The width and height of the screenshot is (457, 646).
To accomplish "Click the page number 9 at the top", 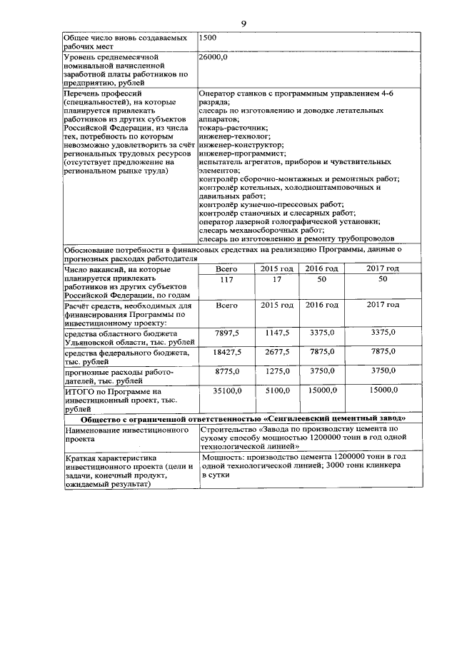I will click(x=243, y=24).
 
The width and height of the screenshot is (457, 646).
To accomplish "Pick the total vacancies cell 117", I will click(x=226, y=279).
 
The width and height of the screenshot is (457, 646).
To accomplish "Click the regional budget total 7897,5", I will click(x=226, y=333).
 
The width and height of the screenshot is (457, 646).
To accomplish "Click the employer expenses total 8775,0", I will click(x=226, y=371).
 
